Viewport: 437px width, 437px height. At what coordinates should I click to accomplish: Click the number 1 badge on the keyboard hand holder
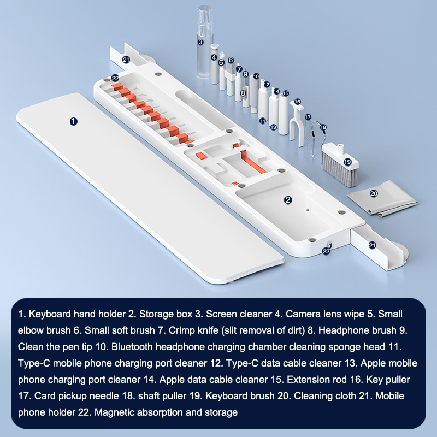(x=73, y=121)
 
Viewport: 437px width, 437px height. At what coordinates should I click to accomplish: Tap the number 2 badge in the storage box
(x=288, y=199)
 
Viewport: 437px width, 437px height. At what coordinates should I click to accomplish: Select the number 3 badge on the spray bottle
(x=200, y=42)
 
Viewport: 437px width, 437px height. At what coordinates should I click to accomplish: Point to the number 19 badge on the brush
(x=347, y=162)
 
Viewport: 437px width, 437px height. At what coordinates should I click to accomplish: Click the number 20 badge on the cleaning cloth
(x=374, y=193)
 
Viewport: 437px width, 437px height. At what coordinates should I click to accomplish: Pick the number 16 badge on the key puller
(x=297, y=101)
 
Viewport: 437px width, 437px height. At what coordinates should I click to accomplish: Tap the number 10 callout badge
(x=256, y=76)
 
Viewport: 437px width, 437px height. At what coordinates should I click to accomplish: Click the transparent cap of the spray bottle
(x=205, y=19)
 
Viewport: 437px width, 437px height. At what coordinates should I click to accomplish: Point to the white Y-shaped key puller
(x=297, y=124)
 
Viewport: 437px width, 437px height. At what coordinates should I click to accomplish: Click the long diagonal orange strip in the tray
(x=253, y=162)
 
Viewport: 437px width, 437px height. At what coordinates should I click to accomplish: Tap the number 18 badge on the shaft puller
(x=323, y=127)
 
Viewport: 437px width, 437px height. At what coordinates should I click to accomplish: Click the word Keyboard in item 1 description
(x=50, y=314)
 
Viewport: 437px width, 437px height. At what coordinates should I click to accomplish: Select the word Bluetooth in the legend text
(x=132, y=347)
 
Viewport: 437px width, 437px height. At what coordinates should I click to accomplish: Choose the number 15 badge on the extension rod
(x=286, y=93)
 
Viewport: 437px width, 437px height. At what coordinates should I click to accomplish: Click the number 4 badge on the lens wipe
(x=214, y=57)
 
